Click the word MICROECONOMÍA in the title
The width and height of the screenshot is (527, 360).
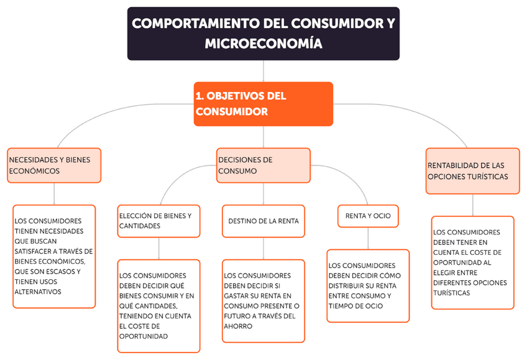[263, 44]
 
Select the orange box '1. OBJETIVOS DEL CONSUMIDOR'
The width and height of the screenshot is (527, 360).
[263, 104]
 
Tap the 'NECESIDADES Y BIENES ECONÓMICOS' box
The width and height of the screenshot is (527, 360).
[54, 165]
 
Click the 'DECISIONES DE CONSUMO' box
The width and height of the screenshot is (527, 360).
[263, 165]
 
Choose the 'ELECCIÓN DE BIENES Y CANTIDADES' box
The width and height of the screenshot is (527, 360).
[159, 221]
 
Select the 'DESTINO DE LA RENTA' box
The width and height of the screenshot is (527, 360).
[263, 221]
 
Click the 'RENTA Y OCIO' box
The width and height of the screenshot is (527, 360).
[368, 216]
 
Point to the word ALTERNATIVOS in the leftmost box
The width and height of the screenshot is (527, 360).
[38, 291]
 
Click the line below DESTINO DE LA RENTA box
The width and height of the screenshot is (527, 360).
[263, 248]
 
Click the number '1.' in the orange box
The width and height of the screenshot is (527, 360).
[199, 96]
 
